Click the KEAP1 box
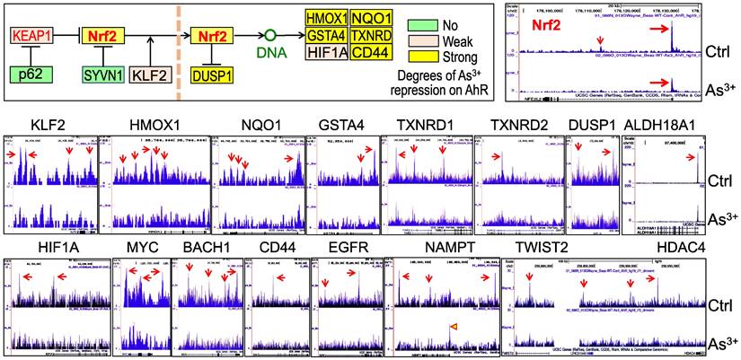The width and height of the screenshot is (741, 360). coord(31,38)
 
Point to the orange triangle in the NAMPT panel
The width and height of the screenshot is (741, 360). coord(454,325)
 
